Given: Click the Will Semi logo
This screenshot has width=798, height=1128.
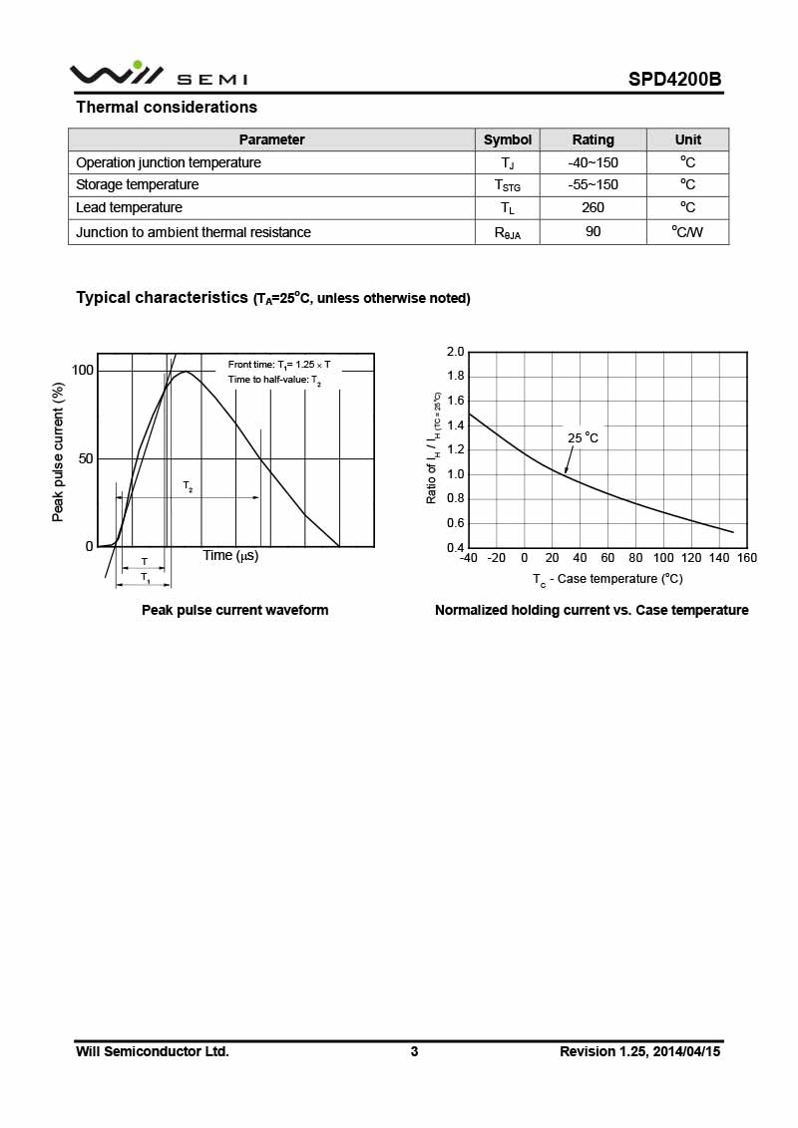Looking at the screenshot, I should pyautogui.click(x=158, y=75).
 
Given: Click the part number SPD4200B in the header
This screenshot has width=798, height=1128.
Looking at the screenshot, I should pyautogui.click(x=674, y=79).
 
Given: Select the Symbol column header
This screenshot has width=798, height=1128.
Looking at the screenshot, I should pyautogui.click(x=508, y=140).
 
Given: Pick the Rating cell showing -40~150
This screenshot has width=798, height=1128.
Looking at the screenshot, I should pyautogui.click(x=593, y=162).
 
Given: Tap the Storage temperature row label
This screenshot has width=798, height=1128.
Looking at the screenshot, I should pyautogui.click(x=137, y=184).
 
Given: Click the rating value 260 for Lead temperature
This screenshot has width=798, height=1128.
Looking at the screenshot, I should pyautogui.click(x=593, y=207).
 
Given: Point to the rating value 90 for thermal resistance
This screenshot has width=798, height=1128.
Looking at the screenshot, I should pyautogui.click(x=593, y=232).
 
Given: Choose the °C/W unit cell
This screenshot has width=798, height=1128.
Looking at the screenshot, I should pyautogui.click(x=687, y=232).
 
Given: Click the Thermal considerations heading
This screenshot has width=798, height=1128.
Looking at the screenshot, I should pyautogui.click(x=167, y=107).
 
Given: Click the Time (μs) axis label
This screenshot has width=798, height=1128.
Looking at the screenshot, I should pyautogui.click(x=230, y=555).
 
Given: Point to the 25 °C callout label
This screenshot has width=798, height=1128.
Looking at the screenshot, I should pyautogui.click(x=583, y=437).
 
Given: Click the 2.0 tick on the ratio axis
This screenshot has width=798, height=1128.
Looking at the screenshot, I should pyautogui.click(x=455, y=352).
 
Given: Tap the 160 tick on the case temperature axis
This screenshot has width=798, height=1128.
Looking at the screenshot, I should pyautogui.click(x=746, y=558).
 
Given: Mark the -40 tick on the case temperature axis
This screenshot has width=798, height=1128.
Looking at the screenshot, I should pyautogui.click(x=468, y=558).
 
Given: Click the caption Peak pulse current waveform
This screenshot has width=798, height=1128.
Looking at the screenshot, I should pyautogui.click(x=234, y=610).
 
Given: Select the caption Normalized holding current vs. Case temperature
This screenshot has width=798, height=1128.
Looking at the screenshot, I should pyautogui.click(x=592, y=610).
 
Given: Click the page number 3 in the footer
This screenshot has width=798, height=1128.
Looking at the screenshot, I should pyautogui.click(x=414, y=1051).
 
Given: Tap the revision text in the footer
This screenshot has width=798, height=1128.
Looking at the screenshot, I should pyautogui.click(x=639, y=1051).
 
